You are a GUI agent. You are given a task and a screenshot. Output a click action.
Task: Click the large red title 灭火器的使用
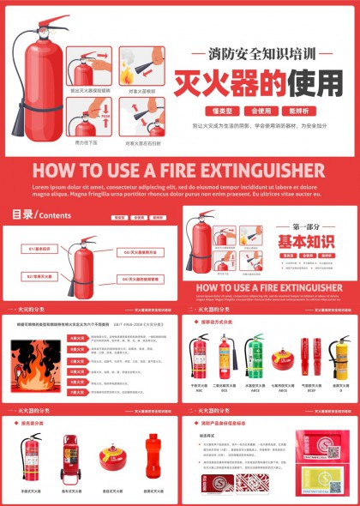258,83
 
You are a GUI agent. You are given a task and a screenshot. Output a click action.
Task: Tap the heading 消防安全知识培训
258,53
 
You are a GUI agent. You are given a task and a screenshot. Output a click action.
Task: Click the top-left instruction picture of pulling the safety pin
89,65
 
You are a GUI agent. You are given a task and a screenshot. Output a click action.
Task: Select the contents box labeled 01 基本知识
39,249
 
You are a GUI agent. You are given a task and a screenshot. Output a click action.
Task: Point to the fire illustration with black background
33,364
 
